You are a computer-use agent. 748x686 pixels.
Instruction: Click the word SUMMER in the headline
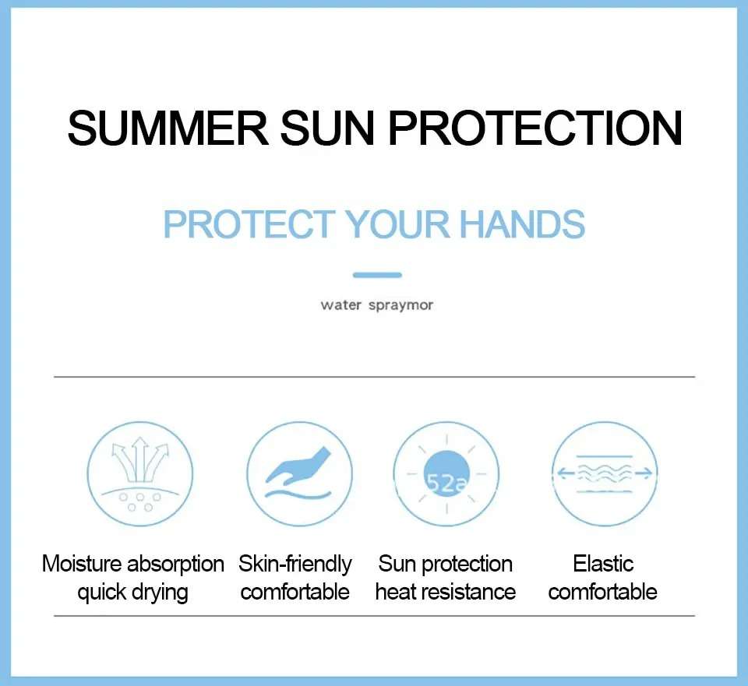(168, 128)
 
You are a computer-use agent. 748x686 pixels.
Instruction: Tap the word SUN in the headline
(328, 128)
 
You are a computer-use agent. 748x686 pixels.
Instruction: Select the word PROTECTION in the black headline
(535, 128)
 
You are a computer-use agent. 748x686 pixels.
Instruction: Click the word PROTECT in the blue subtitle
(249, 223)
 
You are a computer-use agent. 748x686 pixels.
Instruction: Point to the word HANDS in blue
(522, 223)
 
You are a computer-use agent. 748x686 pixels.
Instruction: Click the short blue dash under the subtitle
(377, 275)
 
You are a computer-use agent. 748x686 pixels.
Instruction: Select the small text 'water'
(340, 305)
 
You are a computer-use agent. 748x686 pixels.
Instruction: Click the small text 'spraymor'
(401, 305)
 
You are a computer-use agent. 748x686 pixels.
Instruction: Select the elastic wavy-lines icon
(605, 473)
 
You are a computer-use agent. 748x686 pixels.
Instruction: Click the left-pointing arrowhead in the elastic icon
(562, 473)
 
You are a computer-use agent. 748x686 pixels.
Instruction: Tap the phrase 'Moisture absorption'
(133, 564)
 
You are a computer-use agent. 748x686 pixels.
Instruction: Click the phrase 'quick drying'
(133, 593)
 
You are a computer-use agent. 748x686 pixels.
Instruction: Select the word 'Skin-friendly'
(295, 564)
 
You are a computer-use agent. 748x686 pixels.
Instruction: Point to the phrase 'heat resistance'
(446, 592)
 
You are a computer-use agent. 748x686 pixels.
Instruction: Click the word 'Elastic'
(603, 564)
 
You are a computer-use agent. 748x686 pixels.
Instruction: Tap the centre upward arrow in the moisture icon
(139, 459)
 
